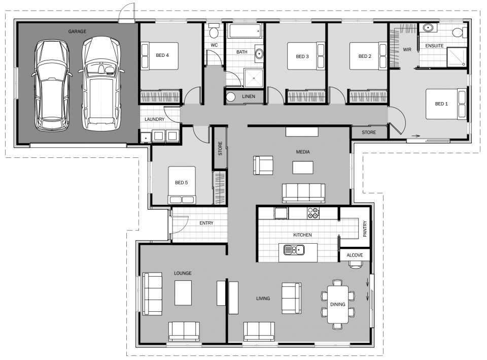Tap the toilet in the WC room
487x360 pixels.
click(x=214, y=32)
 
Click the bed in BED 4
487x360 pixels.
click(x=160, y=56)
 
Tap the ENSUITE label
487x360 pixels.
click(x=434, y=46)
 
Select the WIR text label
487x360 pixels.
click(x=407, y=50)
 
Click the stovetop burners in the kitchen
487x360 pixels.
click(x=314, y=214)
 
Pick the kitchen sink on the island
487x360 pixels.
click(x=294, y=249)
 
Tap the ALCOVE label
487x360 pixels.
click(x=355, y=255)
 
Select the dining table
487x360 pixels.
click(x=337, y=304)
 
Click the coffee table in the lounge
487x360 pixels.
click(x=183, y=292)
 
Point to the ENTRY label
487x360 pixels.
click(x=206, y=223)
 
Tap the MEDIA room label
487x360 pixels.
click(x=303, y=152)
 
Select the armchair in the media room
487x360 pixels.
click(x=263, y=165)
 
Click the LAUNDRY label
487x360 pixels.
click(x=154, y=119)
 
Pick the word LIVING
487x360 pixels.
click(x=263, y=299)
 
